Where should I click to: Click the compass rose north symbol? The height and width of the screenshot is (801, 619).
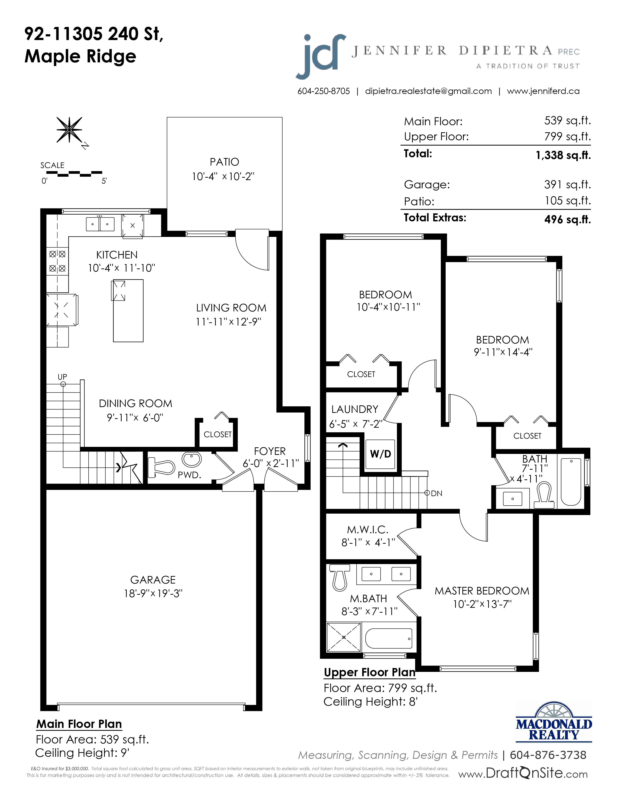[69, 130]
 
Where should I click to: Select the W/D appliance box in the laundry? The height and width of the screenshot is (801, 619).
[381, 454]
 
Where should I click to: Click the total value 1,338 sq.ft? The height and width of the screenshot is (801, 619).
[563, 155]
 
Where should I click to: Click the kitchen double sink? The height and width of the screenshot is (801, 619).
[100, 224]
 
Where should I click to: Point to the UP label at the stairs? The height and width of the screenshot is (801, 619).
[62, 377]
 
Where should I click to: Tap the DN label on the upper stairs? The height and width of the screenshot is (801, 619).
[436, 493]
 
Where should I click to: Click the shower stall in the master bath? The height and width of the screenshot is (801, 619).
[343, 637]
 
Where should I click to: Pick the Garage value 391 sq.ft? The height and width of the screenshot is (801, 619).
[567, 184]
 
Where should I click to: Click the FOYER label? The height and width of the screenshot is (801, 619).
[269, 451]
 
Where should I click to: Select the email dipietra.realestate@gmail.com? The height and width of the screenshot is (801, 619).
[428, 91]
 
